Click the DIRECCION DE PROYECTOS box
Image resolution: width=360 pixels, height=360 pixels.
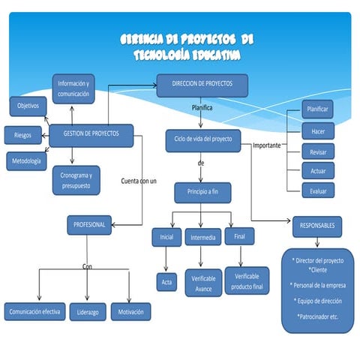[x=202, y=85]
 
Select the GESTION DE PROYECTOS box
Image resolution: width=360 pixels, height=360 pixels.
[x=91, y=135]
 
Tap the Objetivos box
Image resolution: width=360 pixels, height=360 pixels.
[x=28, y=106]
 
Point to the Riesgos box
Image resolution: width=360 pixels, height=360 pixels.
[x=22, y=135]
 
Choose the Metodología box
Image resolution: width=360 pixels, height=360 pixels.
[x=28, y=160]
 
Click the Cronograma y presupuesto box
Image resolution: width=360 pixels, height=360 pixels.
[x=76, y=180]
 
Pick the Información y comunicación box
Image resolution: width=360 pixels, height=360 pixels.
[x=73, y=88]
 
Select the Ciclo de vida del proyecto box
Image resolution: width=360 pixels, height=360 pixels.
[x=202, y=139]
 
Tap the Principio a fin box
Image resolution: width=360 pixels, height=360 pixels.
[x=202, y=192]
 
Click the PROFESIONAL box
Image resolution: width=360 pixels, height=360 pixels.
[x=90, y=224]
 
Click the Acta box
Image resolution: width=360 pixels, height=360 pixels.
[x=166, y=282]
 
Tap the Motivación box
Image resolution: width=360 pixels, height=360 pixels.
[x=130, y=311]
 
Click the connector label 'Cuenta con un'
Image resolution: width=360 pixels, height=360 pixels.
[x=139, y=181]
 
